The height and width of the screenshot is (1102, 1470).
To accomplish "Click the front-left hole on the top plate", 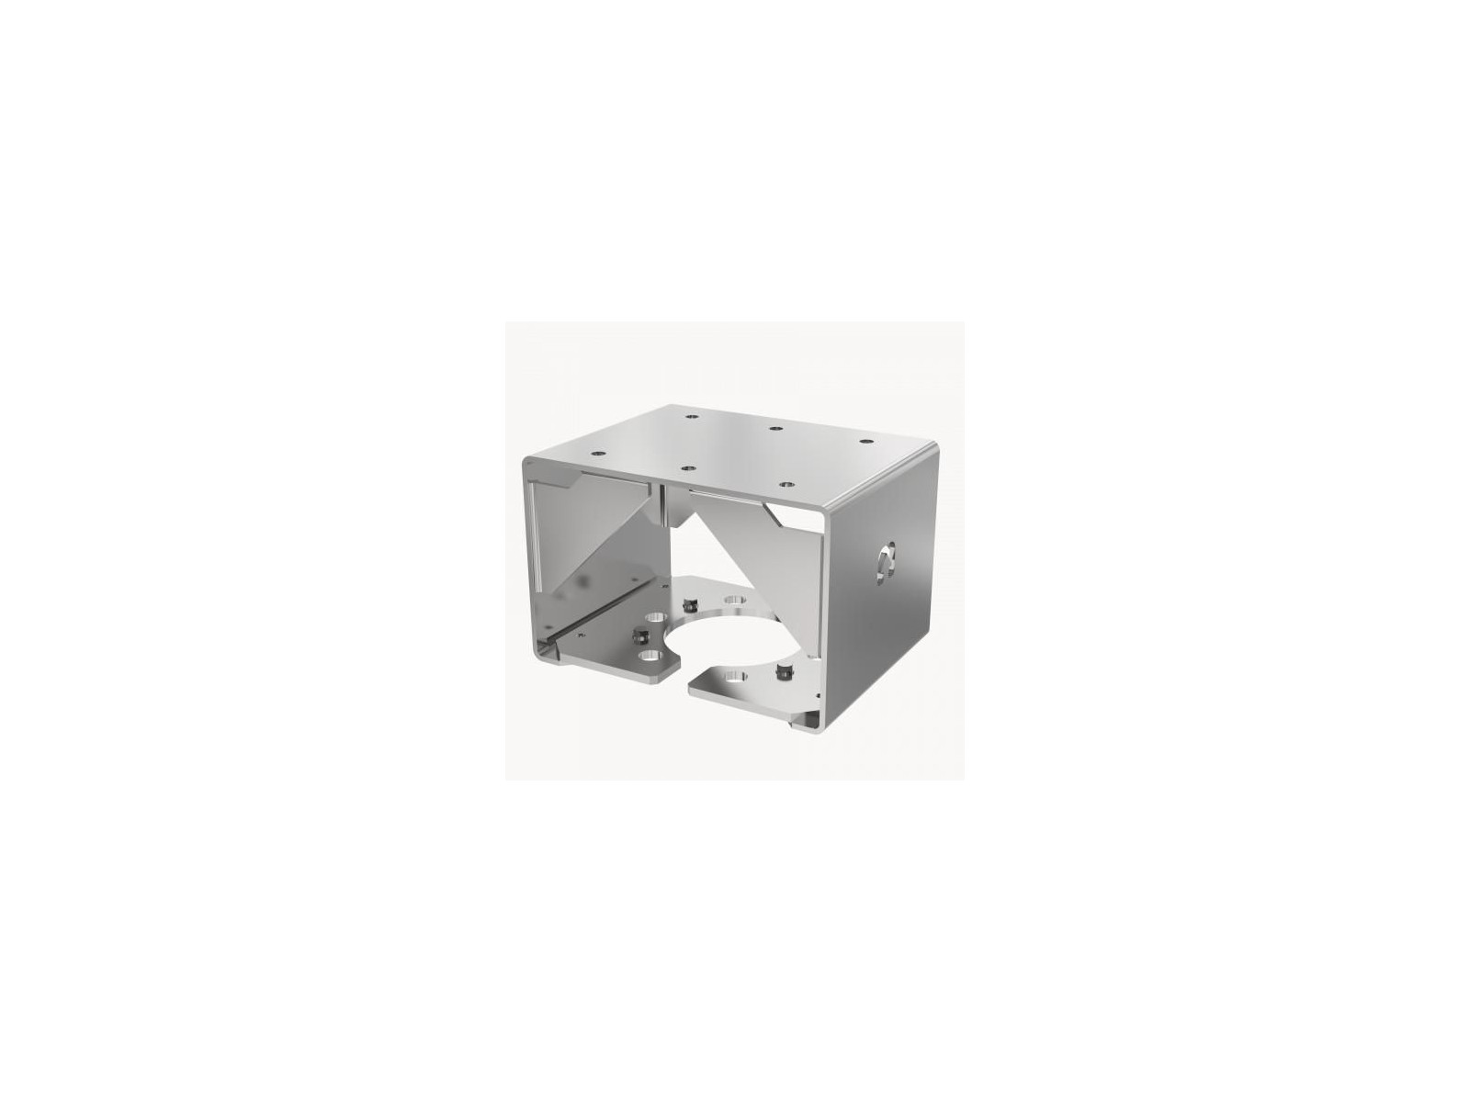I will pyautogui.click(x=598, y=452).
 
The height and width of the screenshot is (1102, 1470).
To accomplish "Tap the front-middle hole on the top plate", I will pyautogui.click(x=686, y=467).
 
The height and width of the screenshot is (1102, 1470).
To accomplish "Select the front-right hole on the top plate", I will pyautogui.click(x=785, y=482).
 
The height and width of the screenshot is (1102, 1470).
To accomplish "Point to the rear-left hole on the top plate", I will pyautogui.click(x=690, y=418).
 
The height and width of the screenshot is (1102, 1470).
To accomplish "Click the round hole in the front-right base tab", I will pyautogui.click(x=735, y=677).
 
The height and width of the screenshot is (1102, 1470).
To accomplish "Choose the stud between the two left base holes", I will pyautogui.click(x=635, y=635).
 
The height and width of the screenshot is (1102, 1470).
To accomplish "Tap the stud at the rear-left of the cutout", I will pyautogui.click(x=690, y=603).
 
